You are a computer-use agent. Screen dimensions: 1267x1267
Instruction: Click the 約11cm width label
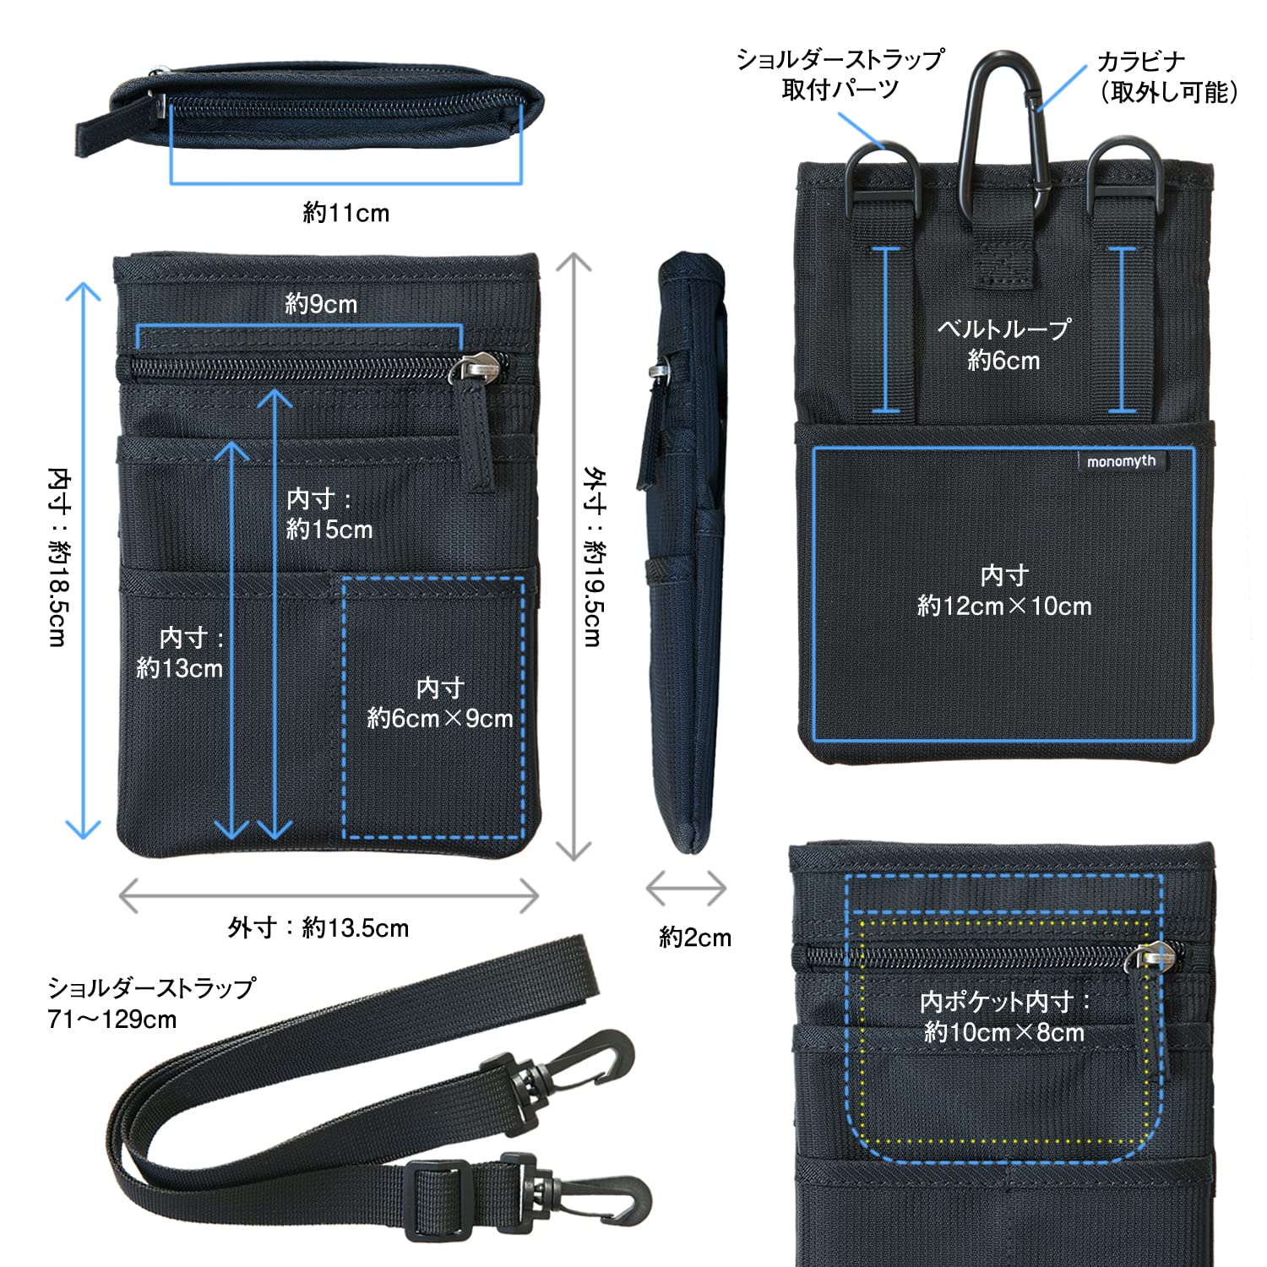(x=346, y=213)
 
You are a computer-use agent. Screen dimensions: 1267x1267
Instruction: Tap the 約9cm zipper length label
(x=321, y=304)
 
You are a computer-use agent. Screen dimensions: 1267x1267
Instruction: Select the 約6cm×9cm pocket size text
(x=440, y=718)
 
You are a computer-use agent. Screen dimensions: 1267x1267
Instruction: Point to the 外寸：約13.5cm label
(x=318, y=927)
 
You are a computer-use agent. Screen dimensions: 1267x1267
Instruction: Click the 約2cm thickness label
(x=694, y=937)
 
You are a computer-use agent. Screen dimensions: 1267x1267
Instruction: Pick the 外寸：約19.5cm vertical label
(x=594, y=557)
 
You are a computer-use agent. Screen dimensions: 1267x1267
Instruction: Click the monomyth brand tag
(x=1121, y=461)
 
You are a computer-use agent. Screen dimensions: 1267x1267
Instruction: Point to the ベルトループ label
(x=1004, y=329)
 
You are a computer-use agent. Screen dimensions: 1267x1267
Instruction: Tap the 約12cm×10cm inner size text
(x=1004, y=606)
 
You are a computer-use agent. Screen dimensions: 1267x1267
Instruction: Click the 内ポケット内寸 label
(x=1004, y=1002)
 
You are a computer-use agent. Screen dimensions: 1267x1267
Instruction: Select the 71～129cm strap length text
(x=112, y=1020)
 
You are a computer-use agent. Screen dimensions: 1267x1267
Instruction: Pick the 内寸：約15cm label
(x=329, y=514)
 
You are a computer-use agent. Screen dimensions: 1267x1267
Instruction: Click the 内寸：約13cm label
(x=180, y=653)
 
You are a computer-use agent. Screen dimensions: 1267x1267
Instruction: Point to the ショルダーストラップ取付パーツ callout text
(x=840, y=74)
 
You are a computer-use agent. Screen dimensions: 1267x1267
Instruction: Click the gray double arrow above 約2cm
(x=686, y=888)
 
